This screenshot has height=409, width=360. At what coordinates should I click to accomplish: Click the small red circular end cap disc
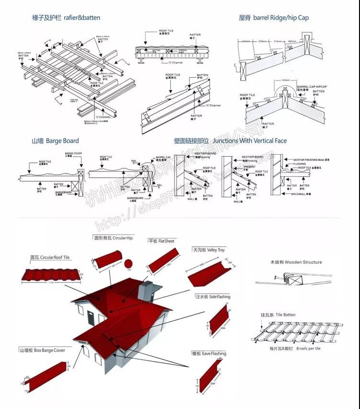pos(129,263)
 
